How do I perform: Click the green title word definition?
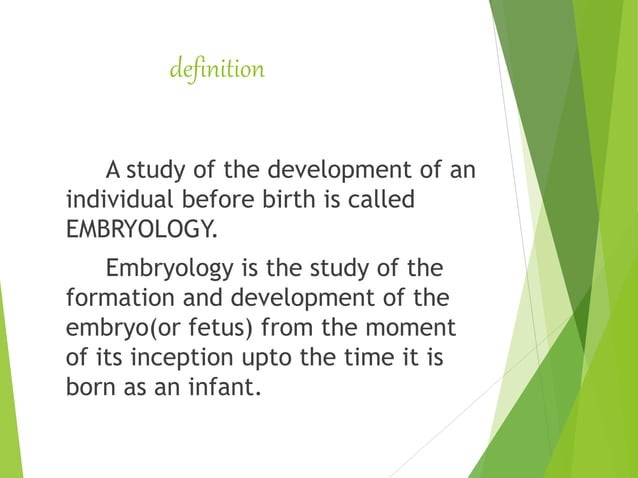point(217,70)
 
